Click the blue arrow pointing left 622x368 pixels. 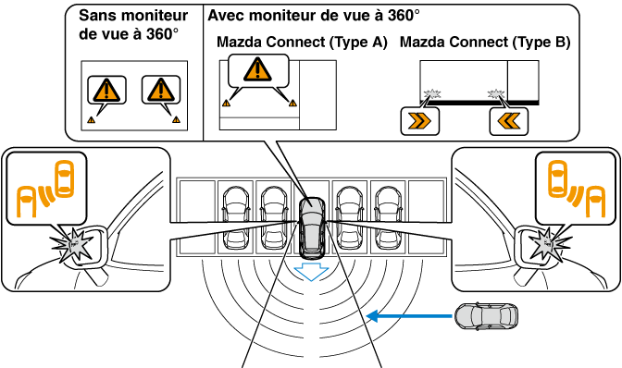(409, 316)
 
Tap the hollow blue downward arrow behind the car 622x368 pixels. (311, 271)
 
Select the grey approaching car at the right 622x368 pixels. (486, 316)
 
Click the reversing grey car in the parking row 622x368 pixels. (312, 227)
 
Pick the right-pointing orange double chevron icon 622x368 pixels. (419, 121)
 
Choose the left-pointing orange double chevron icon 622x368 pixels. (508, 121)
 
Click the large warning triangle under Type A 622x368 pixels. (258, 69)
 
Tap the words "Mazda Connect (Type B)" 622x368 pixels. (485, 42)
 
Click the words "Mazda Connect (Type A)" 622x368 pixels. (302, 42)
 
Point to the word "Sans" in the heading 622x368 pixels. (97, 16)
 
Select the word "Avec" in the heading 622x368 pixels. (225, 16)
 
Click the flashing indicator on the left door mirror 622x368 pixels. (72, 246)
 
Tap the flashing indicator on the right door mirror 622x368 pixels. (549, 244)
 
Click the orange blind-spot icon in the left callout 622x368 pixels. (45, 189)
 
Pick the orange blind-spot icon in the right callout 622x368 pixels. (577, 189)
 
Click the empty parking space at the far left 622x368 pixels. (197, 217)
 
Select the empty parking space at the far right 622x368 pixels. (426, 217)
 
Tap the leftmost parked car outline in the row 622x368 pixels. (236, 217)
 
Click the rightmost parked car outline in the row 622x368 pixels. (388, 217)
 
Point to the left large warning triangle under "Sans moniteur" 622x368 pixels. (106, 91)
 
